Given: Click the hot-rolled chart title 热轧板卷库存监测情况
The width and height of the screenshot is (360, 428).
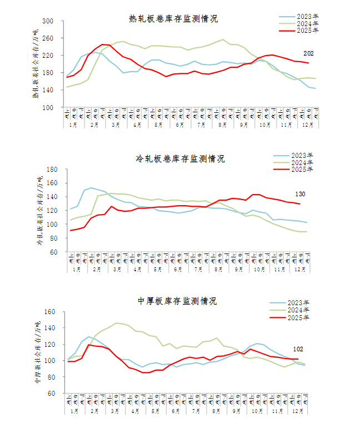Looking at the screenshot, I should (x=173, y=18).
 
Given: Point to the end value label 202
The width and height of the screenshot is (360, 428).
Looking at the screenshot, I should (x=309, y=53).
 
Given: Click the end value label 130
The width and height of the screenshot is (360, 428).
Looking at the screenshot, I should (x=301, y=195).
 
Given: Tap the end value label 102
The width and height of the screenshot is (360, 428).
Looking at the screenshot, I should (x=298, y=349).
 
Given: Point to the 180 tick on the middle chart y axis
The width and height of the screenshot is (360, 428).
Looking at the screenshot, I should (x=53, y=169).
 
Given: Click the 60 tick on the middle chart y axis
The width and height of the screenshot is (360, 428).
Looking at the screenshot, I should (x=54, y=252).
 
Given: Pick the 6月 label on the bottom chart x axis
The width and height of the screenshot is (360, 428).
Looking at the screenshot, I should (x=176, y=411).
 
